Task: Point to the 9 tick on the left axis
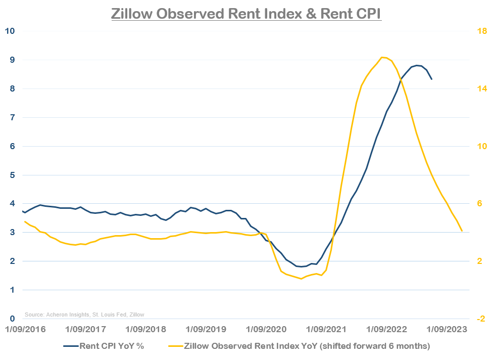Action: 11,60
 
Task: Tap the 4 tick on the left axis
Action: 11,204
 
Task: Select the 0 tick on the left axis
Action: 11,319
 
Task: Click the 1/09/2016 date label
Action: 25,330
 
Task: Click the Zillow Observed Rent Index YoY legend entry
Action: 307,346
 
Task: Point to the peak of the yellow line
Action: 382,57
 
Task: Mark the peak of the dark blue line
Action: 417,65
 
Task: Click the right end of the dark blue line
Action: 431,79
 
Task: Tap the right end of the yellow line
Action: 462,231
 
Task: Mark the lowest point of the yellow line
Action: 301,279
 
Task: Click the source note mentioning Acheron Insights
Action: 84,314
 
